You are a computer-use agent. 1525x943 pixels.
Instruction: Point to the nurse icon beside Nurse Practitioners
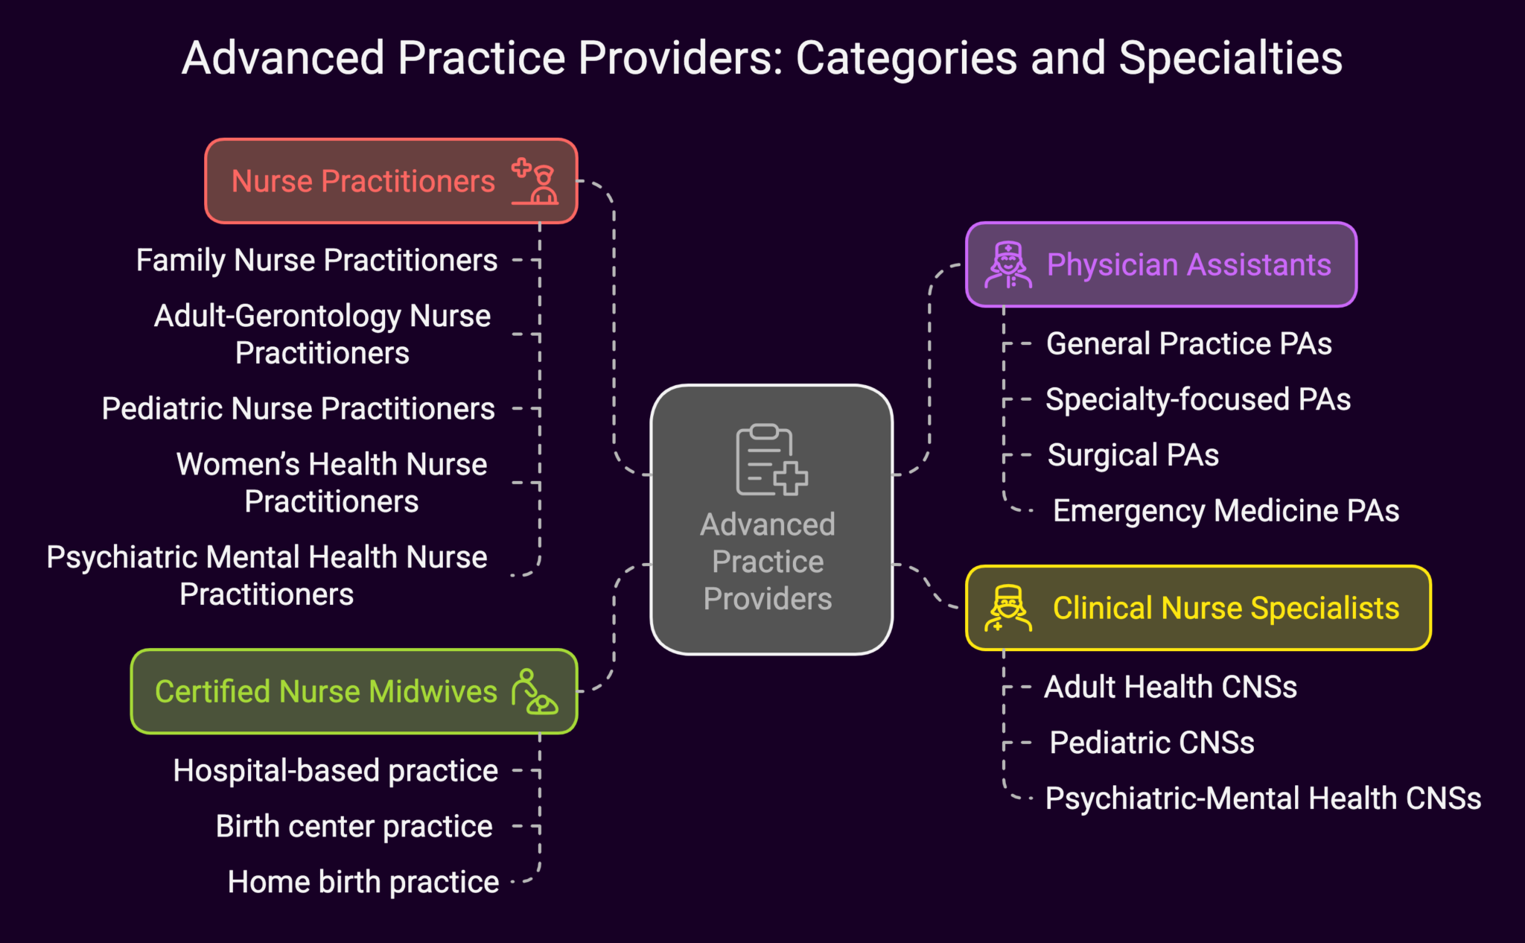click(535, 181)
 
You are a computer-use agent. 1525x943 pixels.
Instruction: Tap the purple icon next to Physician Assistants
click(1008, 264)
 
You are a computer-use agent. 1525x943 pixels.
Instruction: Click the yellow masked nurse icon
click(1008, 608)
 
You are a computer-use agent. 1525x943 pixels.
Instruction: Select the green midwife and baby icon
click(534, 692)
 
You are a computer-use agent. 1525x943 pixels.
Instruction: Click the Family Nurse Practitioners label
click(316, 261)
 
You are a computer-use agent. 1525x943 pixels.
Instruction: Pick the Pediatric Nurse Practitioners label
click(298, 408)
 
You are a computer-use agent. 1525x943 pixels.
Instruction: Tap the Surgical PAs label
click(1133, 455)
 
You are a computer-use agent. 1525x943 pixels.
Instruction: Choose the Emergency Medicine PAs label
click(1226, 511)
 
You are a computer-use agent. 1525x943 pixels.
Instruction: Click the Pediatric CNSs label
click(1151, 743)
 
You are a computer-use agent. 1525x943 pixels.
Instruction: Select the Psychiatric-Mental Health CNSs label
click(1263, 798)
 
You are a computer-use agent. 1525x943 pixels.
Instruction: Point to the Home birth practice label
click(363, 882)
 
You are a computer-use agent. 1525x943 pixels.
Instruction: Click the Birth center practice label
click(354, 826)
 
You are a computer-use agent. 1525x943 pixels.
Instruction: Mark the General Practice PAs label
click(1188, 343)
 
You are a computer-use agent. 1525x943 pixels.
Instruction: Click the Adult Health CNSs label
click(1170, 687)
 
